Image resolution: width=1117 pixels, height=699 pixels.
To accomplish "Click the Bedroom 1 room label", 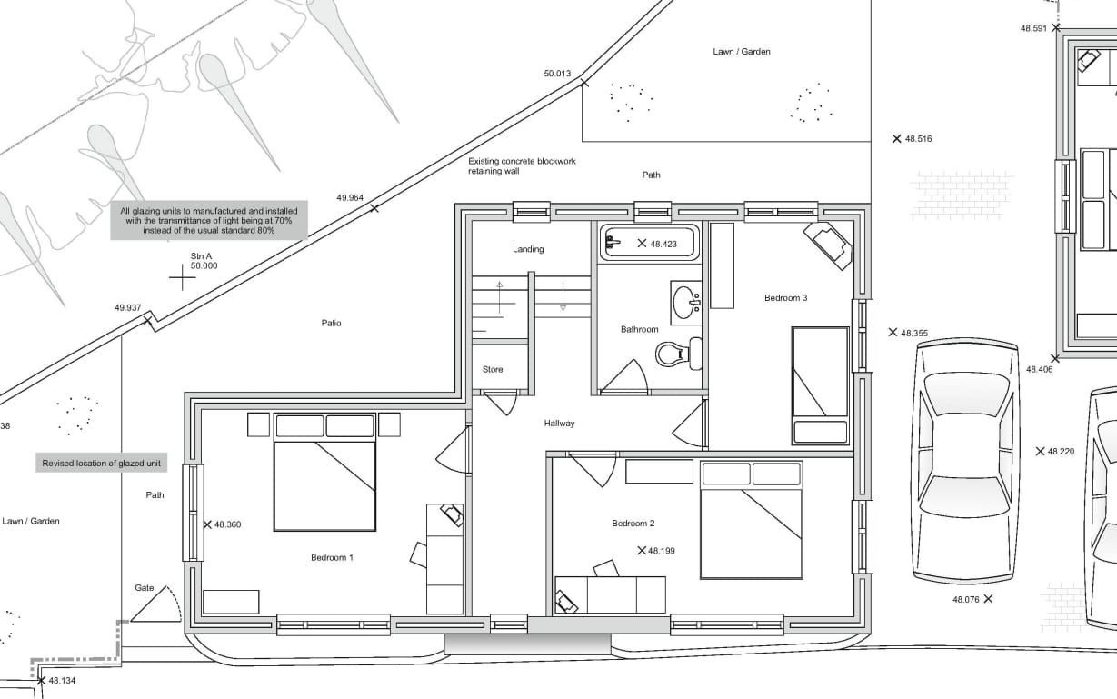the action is click(332, 557).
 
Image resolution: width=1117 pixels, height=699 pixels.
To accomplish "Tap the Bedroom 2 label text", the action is click(633, 523).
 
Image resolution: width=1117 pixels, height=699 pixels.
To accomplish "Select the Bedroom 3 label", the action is click(786, 297).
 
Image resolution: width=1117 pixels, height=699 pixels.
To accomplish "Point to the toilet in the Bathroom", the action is click(679, 354).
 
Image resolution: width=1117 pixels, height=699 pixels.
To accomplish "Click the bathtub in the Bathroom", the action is click(650, 243).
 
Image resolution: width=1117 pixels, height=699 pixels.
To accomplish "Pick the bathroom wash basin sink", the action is click(686, 302).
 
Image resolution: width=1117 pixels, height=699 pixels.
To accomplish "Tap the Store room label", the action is click(493, 369).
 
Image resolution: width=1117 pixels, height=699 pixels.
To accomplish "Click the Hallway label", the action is click(559, 424).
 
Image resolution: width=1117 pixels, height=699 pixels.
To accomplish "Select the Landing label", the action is click(528, 249).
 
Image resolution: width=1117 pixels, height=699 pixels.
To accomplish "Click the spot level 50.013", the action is click(557, 74).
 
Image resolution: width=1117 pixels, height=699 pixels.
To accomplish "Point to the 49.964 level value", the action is click(350, 197).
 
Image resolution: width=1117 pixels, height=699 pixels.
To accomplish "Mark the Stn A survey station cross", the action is click(183, 277).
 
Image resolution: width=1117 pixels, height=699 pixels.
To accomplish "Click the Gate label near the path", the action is click(145, 588).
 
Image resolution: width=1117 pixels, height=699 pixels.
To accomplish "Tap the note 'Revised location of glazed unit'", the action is click(101, 464).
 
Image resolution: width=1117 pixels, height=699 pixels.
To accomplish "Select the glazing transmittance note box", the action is click(209, 220).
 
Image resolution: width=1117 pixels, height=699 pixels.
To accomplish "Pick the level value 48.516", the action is click(918, 138).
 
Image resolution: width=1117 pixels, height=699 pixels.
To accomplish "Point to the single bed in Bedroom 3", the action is click(821, 385).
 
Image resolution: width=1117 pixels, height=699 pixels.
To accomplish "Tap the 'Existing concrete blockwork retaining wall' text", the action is click(522, 166).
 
